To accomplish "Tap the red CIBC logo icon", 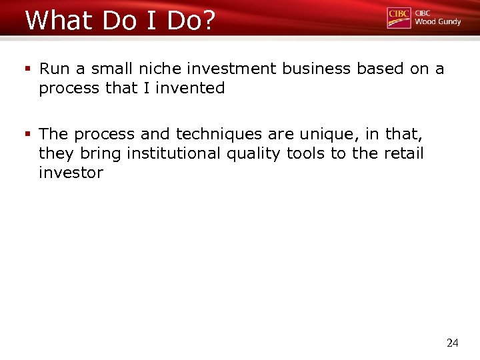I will pos(399,18).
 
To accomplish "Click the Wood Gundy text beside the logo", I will pos(437,21).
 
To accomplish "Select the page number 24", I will pos(452,343).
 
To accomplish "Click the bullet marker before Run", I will pos(29,69).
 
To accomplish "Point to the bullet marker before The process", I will pos(29,134).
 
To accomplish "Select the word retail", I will pos(403,153).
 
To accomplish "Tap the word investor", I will pos(71,173).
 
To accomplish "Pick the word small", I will pos(107,69).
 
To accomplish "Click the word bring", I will pos(101,153).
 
